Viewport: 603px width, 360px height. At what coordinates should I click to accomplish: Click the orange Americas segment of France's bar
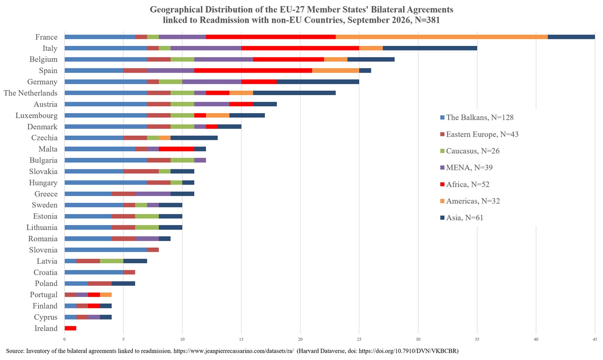click(x=442, y=37)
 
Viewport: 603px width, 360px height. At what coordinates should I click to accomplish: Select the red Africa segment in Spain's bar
click(x=253, y=71)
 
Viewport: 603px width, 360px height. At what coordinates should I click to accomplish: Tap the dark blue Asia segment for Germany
click(x=318, y=82)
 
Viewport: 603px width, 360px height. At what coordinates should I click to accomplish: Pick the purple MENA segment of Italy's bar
click(x=206, y=48)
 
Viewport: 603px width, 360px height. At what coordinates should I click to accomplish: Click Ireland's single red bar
click(x=70, y=328)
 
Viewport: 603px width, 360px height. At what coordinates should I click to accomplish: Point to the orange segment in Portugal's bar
click(x=106, y=295)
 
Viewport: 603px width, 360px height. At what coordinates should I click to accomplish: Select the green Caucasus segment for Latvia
click(x=112, y=261)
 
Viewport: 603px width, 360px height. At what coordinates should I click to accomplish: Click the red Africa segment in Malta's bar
click(x=176, y=149)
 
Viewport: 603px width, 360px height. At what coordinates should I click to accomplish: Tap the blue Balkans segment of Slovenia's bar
click(x=106, y=250)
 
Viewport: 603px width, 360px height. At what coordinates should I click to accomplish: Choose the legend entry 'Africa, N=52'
click(x=465, y=184)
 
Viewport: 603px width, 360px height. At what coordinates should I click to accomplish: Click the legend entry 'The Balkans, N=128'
click(x=477, y=117)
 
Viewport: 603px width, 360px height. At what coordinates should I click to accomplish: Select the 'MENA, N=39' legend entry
click(x=466, y=168)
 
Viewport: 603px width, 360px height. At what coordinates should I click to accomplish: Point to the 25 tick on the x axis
click(x=359, y=339)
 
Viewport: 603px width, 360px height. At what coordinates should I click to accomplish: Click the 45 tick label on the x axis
click(x=595, y=339)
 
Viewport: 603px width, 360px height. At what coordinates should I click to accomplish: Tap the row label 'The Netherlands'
click(x=31, y=93)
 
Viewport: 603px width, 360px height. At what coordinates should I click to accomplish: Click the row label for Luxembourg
click(x=36, y=115)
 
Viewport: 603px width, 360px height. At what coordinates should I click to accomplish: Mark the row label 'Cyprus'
click(x=46, y=317)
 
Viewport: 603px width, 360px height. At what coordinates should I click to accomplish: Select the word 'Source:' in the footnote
click(x=15, y=351)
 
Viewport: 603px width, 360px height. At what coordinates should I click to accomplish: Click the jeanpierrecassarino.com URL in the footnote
click(x=233, y=351)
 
